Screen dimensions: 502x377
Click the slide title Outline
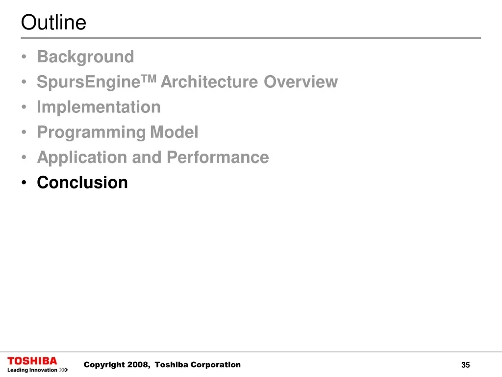(x=53, y=22)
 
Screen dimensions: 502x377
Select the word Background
(x=85, y=57)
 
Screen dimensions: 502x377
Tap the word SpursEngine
(x=89, y=82)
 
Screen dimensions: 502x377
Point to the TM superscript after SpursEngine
(x=149, y=78)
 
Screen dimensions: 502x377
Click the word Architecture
(x=209, y=82)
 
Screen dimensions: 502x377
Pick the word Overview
(x=301, y=82)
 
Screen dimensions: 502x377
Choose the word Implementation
(x=99, y=107)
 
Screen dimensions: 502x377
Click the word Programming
(x=91, y=133)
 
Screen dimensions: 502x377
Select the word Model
(x=174, y=132)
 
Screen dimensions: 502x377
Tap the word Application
(x=82, y=158)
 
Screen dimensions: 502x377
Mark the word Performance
(x=218, y=157)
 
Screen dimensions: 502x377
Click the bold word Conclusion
(x=82, y=183)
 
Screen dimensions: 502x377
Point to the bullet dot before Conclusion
(x=24, y=183)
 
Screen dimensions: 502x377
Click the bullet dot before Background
(x=24, y=57)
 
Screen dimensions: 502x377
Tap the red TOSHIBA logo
(x=32, y=361)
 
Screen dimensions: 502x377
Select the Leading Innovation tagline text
(x=32, y=370)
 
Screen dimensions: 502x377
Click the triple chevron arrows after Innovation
(x=64, y=370)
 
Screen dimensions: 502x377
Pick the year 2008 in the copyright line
(x=138, y=365)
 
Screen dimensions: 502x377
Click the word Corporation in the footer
(x=216, y=365)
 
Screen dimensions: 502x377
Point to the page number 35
(x=466, y=365)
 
